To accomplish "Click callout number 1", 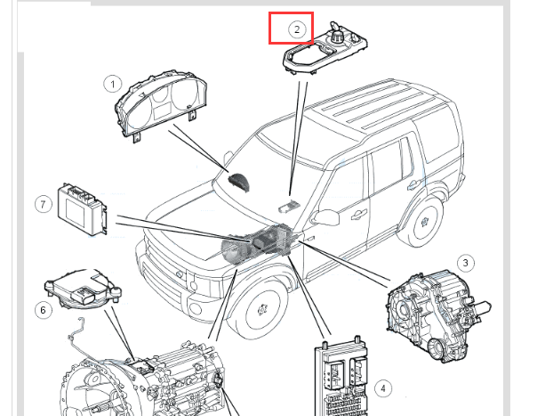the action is point(112,84).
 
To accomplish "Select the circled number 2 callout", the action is point(297,29).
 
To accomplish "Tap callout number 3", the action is point(466,263).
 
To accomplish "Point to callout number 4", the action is point(383,388).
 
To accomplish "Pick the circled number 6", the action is point(43,310).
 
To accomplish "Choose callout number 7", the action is point(43,205).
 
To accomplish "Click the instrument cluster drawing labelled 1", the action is point(161,105).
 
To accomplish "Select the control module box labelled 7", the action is point(82,209).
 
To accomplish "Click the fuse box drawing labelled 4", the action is point(341,376).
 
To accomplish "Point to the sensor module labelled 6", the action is point(84,290).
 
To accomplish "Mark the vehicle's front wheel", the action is point(262,310).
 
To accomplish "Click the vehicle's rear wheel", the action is point(425,222).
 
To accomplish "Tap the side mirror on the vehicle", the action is point(325,217).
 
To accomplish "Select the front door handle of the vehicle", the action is point(358,215).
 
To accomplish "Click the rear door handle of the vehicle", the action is point(413,185).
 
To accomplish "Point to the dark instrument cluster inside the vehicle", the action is point(239,182).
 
